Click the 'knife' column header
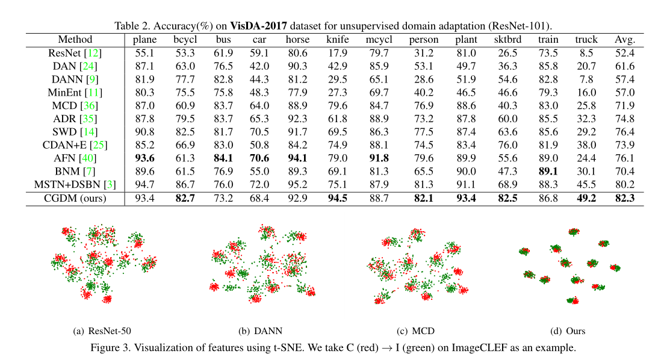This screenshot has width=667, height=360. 337,40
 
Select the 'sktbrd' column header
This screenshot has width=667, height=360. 507,40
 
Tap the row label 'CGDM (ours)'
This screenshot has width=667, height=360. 75,199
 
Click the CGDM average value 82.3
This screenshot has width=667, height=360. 624,199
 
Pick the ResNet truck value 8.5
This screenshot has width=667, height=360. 586,53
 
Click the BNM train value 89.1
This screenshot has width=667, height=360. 547,172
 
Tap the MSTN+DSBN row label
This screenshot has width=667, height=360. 75,185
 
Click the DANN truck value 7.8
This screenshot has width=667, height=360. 586,79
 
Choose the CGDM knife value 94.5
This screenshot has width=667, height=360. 337,199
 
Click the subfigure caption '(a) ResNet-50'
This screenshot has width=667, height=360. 102,331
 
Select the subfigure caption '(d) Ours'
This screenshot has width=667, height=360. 568,331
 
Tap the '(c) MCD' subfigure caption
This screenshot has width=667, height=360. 415,331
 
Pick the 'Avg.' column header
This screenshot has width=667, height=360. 624,40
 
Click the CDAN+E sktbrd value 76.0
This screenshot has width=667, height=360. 507,145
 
